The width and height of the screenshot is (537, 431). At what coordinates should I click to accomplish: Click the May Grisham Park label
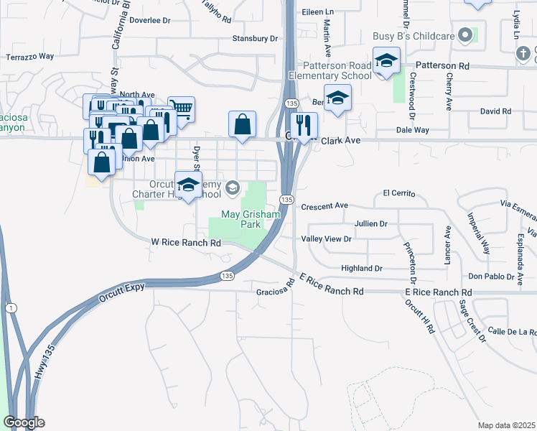240,219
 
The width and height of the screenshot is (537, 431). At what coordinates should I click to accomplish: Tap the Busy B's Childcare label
414,36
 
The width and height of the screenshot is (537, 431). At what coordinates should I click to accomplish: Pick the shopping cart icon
181,110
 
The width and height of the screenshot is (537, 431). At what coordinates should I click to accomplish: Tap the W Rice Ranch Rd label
186,243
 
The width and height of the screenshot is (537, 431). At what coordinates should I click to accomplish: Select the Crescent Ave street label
324,206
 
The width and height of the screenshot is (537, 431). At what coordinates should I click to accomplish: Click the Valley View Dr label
326,238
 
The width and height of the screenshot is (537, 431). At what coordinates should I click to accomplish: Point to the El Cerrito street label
399,193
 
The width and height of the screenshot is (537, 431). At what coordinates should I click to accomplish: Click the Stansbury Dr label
254,38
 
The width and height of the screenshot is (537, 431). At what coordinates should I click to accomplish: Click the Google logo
24,422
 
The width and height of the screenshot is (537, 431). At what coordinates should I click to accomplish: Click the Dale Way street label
412,130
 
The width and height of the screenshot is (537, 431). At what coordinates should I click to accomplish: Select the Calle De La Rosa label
512,331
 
